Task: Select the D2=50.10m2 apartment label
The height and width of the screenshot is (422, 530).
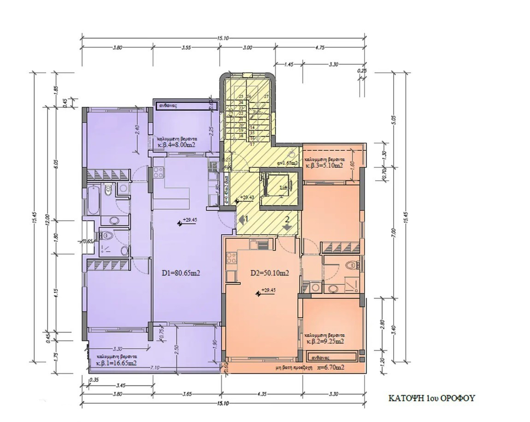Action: (x=270, y=273)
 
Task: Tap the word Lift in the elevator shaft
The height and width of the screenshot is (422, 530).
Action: (x=284, y=188)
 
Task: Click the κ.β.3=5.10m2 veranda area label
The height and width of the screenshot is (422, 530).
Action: (x=324, y=165)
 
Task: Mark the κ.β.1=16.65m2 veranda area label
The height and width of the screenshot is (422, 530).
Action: (x=116, y=363)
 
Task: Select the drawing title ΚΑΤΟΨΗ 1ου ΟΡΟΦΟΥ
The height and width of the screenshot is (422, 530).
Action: (x=431, y=398)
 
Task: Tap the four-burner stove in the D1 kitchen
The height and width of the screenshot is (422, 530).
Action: (x=159, y=172)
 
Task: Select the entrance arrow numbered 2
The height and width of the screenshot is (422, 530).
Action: (x=287, y=224)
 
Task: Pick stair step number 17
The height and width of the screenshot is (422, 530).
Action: (x=252, y=144)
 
